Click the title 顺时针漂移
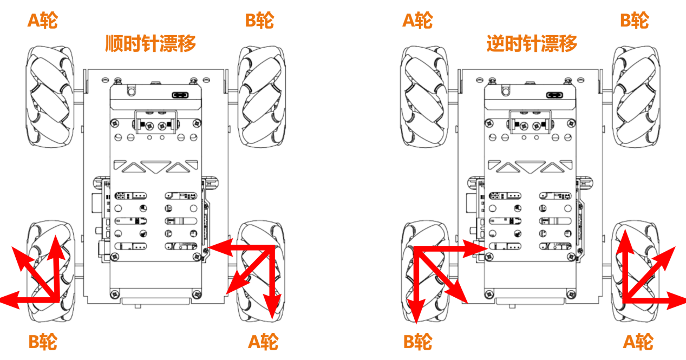[151, 43]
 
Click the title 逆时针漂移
[532, 43]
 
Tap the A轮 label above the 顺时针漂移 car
[43, 21]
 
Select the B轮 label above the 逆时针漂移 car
[635, 21]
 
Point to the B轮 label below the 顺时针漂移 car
[43, 342]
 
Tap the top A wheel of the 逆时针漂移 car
[424, 96]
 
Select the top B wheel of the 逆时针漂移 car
[634, 96]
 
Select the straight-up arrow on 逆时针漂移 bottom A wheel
[625, 265]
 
